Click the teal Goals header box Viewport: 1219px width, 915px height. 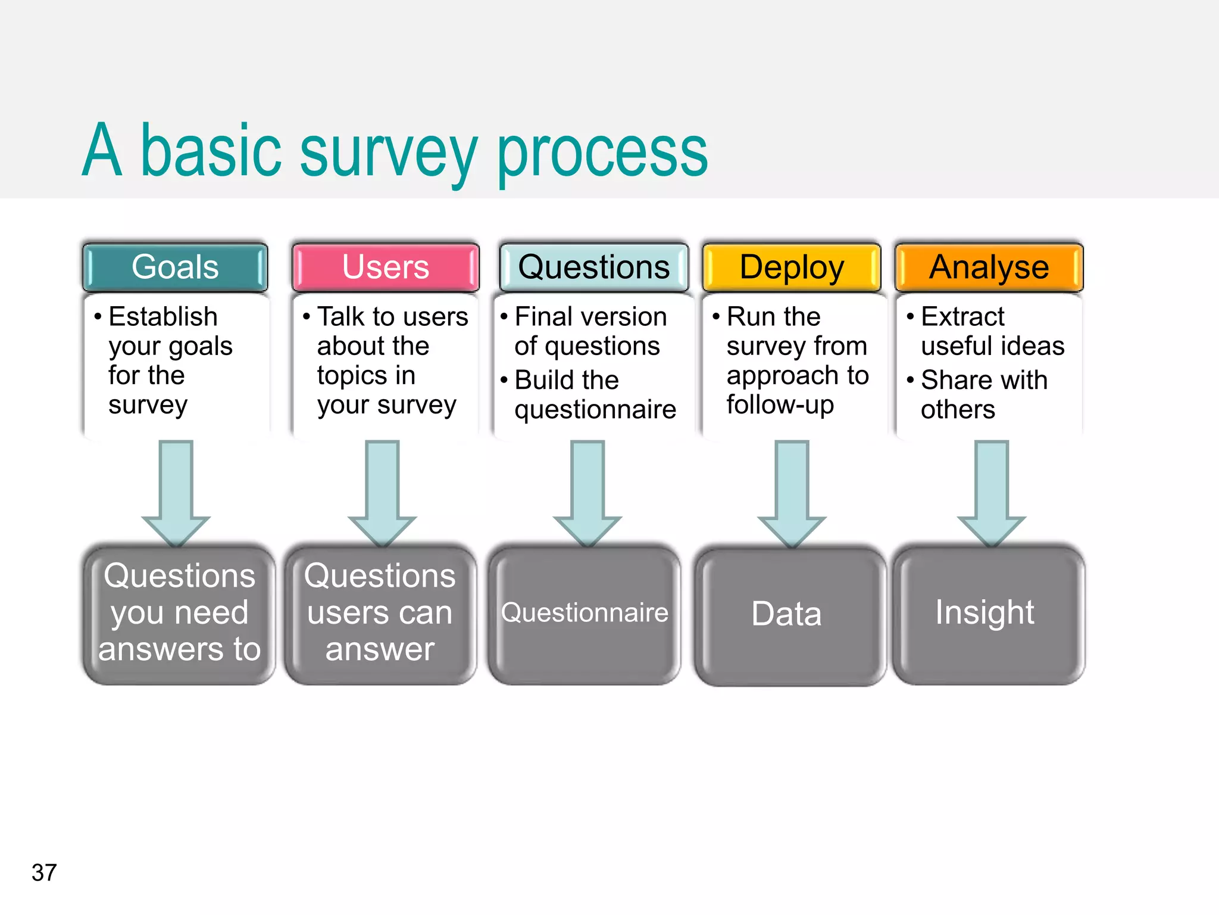[x=175, y=267]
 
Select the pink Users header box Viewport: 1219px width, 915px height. [x=385, y=267]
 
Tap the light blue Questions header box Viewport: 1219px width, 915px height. [x=593, y=267]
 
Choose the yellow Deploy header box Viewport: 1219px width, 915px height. [x=791, y=267]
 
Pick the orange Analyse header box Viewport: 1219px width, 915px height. [x=989, y=267]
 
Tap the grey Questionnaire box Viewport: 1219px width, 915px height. [x=585, y=614]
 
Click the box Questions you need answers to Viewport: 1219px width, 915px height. [x=179, y=614]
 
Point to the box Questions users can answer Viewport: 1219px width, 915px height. [x=380, y=614]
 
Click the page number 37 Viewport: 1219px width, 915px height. [x=44, y=873]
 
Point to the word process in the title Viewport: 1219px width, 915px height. [x=602, y=152]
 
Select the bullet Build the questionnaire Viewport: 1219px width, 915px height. [x=594, y=394]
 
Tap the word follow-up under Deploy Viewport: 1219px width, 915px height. [x=780, y=404]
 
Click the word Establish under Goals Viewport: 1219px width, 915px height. [x=162, y=316]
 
